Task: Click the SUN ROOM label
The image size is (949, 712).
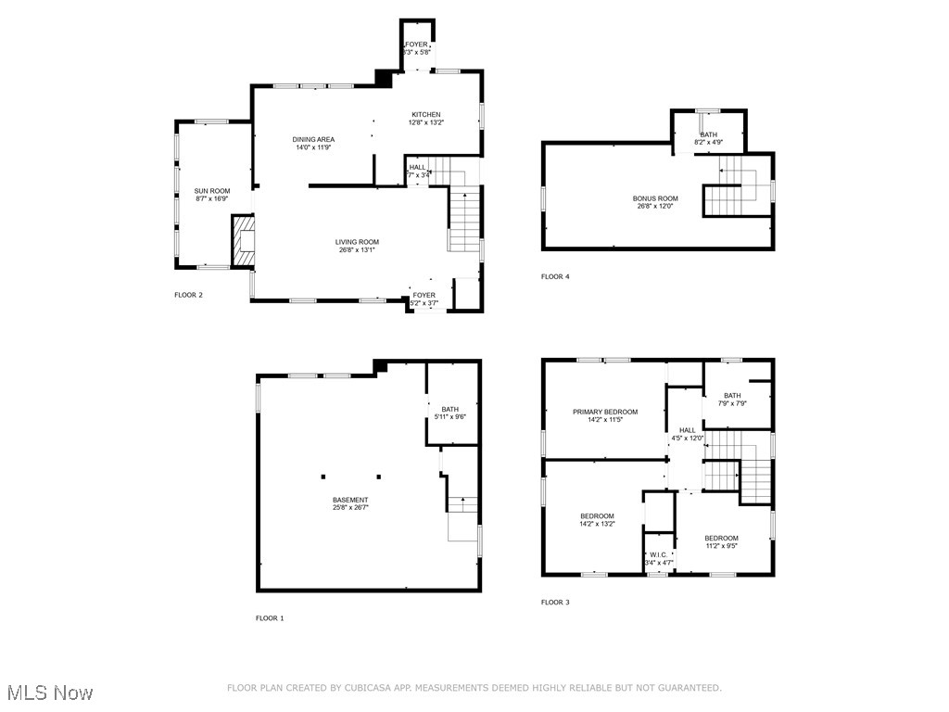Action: (x=212, y=190)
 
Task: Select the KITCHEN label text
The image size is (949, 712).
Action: (x=426, y=115)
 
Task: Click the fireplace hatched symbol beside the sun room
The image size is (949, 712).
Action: (x=243, y=241)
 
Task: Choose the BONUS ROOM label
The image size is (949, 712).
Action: (x=655, y=198)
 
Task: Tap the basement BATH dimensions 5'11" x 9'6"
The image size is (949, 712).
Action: (x=449, y=417)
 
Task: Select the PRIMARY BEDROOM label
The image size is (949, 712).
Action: (x=604, y=412)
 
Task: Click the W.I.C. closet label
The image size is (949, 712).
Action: (x=659, y=554)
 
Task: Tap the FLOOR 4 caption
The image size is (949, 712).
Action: (x=555, y=276)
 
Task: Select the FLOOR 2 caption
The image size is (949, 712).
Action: (x=188, y=295)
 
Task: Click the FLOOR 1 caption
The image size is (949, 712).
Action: (x=270, y=617)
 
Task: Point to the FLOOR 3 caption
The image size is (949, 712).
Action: (x=555, y=602)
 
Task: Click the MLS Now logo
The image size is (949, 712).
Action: (x=50, y=693)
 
